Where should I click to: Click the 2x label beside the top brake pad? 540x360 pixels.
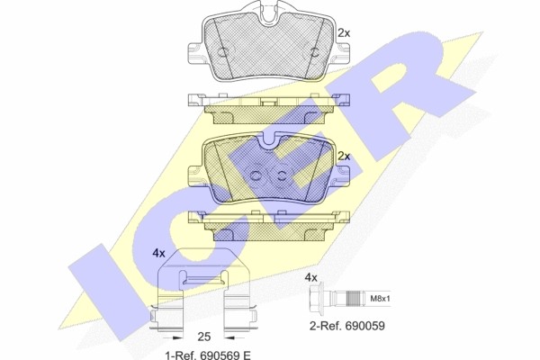pyautogui.click(x=343, y=32)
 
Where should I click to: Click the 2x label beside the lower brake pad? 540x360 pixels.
pyautogui.click(x=343, y=155)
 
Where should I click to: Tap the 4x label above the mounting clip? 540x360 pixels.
pyautogui.click(x=158, y=253)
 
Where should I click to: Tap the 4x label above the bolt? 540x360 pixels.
pyautogui.click(x=312, y=277)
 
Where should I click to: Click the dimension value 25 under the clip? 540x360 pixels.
pyautogui.click(x=204, y=336)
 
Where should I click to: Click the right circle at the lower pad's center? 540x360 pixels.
pyautogui.click(x=280, y=175)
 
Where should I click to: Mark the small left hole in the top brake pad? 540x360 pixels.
pyautogui.click(x=220, y=50)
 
